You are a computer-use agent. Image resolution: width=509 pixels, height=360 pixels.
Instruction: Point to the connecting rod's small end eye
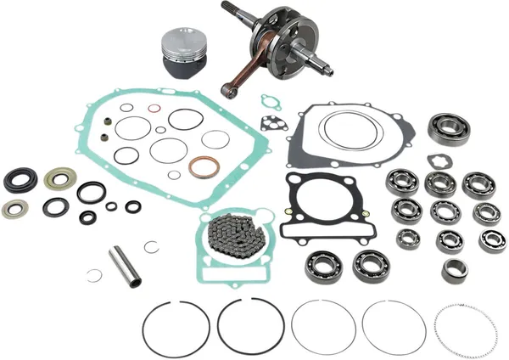[227, 88]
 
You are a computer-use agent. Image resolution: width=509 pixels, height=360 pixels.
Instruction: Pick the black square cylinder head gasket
[316, 207]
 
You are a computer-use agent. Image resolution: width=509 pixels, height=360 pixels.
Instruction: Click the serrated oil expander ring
[462, 329]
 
